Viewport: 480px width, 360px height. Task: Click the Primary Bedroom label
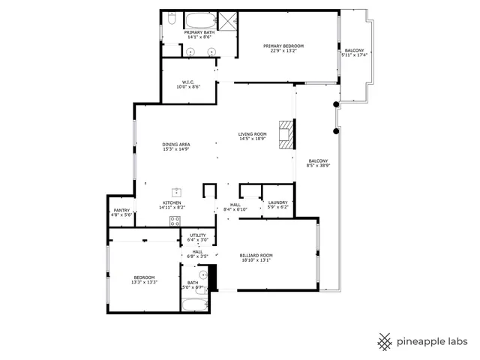[283, 46]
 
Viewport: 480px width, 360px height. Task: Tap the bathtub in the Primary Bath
[200, 20]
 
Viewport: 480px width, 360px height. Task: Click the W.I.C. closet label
[188, 82]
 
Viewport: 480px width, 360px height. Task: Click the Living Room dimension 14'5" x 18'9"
[253, 139]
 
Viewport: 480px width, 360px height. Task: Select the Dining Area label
[176, 144]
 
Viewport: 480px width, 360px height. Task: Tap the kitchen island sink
[178, 192]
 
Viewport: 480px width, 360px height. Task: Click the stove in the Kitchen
[175, 220]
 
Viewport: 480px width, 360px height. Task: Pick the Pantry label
[121, 210]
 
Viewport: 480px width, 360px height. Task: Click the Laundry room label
[277, 202]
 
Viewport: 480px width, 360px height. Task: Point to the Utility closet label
[197, 235]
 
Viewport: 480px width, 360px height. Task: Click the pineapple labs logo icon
[385, 341]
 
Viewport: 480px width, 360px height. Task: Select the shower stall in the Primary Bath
[228, 20]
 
